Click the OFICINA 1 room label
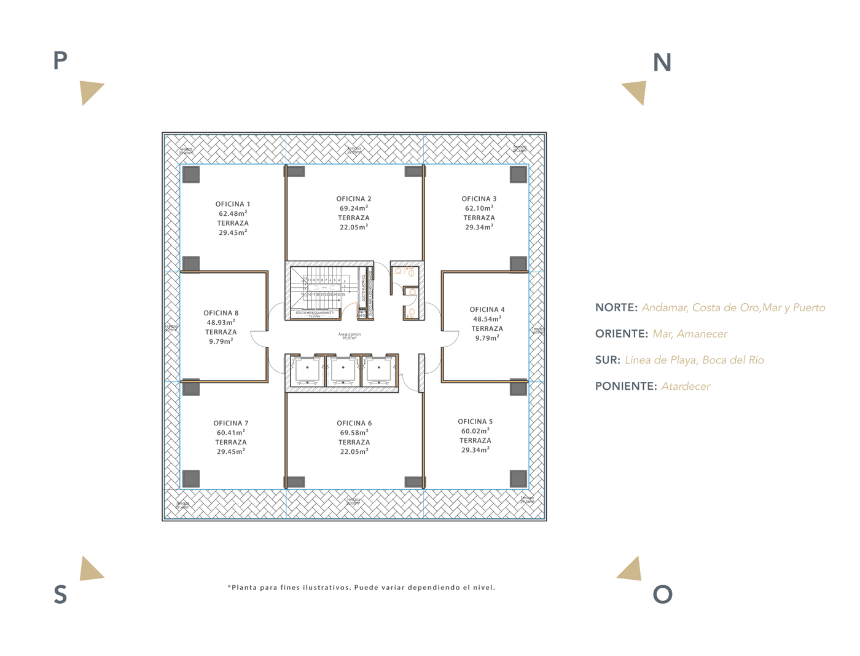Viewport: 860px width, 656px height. click(232, 204)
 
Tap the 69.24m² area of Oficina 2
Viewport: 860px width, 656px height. click(354, 208)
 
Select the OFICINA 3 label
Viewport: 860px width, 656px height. click(479, 199)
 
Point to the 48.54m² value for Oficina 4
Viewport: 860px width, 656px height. click(487, 319)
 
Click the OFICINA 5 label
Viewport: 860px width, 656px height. click(475, 422)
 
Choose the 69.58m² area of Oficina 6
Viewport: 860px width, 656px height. click(354, 433)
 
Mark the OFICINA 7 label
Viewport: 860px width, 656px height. click(231, 423)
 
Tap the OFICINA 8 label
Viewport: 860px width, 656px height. click(221, 313)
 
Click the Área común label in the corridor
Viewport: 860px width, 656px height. click(350, 335)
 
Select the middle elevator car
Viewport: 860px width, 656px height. click(343, 370)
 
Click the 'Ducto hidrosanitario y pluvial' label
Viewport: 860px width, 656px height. click(315, 314)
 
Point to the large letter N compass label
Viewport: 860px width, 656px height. click(662, 63)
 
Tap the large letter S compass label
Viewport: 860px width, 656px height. click(60, 595)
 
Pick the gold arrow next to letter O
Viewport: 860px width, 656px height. click(631, 570)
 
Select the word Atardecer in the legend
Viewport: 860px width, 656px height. click(686, 386)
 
